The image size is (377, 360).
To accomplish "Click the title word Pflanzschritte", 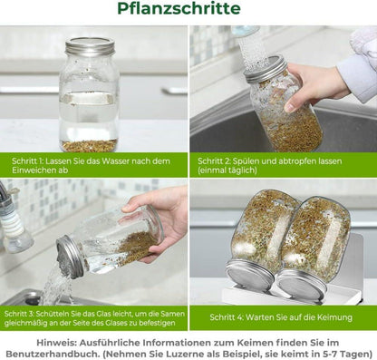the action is [179, 8].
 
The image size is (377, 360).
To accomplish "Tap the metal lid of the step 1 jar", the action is [91, 47].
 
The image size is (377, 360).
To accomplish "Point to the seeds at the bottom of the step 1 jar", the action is [90, 146].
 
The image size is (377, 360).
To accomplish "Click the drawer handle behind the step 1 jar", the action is [175, 91].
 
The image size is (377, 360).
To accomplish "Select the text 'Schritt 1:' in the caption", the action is [27, 161].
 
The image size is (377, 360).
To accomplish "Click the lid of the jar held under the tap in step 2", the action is [266, 69].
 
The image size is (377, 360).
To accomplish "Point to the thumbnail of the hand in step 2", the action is [289, 107].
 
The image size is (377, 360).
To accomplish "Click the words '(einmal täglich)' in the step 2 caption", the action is [227, 170].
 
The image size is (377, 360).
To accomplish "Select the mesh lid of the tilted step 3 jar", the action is [70, 257].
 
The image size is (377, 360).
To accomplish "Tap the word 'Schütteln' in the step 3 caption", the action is [52, 314].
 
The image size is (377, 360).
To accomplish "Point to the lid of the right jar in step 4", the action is [302, 284].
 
